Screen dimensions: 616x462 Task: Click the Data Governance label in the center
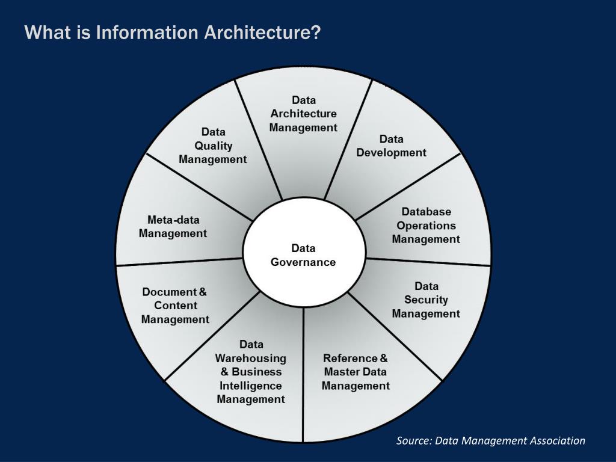coord(303,255)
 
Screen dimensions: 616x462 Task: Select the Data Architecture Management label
coord(303,114)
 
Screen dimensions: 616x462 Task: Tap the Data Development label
coord(391,146)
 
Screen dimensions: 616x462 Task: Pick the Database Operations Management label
coord(426,226)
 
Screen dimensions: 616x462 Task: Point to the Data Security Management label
coord(426,300)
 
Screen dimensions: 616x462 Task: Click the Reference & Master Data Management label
coord(356,372)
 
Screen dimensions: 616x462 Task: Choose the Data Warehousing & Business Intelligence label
coord(251,372)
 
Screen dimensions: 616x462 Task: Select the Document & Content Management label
coord(175,306)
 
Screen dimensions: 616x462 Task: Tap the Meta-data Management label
coord(173,226)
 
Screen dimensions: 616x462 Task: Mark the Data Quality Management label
coord(213,146)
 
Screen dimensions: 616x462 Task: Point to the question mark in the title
coord(316,32)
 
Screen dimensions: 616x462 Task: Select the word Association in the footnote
coord(557,441)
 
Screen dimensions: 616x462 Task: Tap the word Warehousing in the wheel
coord(251,358)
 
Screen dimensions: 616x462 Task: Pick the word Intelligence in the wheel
coord(251,386)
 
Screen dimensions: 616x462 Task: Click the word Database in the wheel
coord(426,212)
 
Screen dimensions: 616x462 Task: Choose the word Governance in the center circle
coord(303,262)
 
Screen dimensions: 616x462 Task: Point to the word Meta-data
coord(173,220)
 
